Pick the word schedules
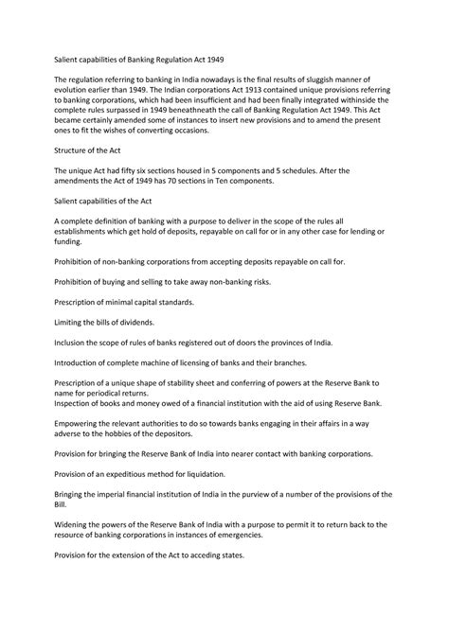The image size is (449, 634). click(296, 170)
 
